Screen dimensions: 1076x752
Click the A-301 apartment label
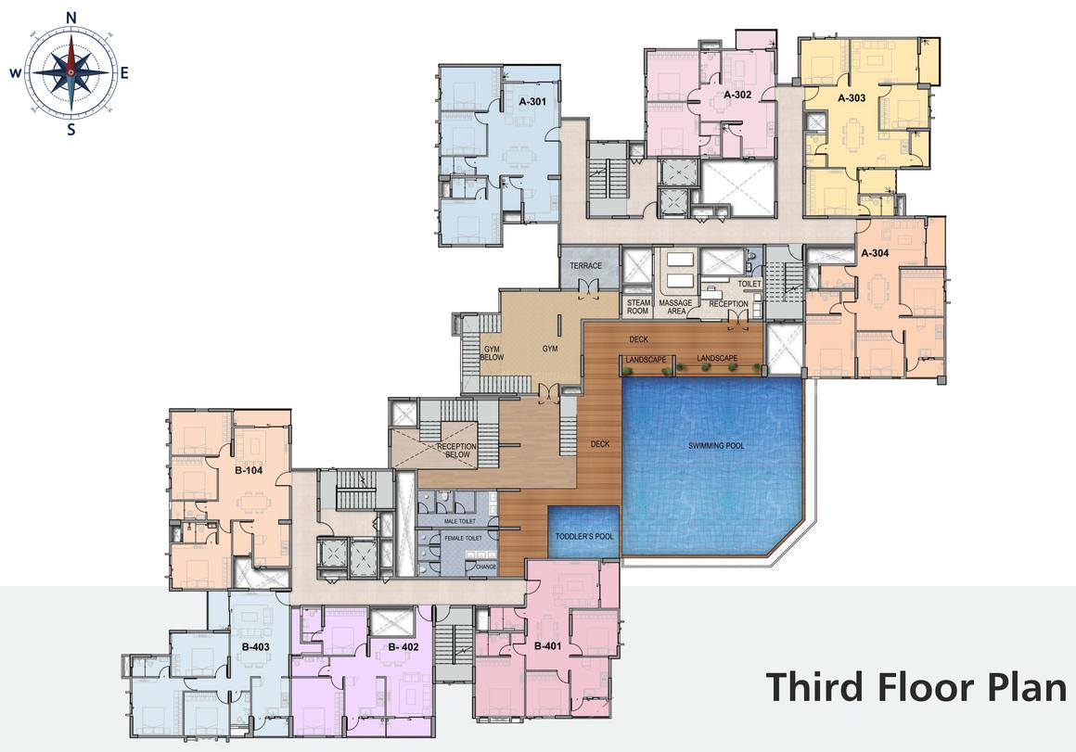pos(532,102)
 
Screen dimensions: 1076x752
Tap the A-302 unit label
pos(737,95)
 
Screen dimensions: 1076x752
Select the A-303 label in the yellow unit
pos(852,97)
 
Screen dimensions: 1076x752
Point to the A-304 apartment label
pos(875,252)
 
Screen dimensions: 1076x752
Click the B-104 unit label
pos(249,471)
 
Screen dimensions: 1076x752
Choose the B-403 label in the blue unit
pos(255,646)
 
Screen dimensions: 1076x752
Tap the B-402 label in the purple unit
pos(403,646)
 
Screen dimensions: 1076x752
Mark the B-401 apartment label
pos(547,645)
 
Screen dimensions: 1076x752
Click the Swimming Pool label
pos(716,446)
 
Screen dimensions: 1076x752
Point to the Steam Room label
pos(637,307)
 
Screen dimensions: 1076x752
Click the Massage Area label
pos(675,307)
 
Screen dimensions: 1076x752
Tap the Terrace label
pos(585,265)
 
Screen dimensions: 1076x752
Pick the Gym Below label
pos(492,353)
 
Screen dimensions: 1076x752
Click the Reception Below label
pos(456,451)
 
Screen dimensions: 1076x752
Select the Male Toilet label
pos(460,521)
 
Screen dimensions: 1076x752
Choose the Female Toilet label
pos(463,538)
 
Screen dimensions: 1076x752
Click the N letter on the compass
pos(70,18)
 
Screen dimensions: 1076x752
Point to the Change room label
pos(486,567)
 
